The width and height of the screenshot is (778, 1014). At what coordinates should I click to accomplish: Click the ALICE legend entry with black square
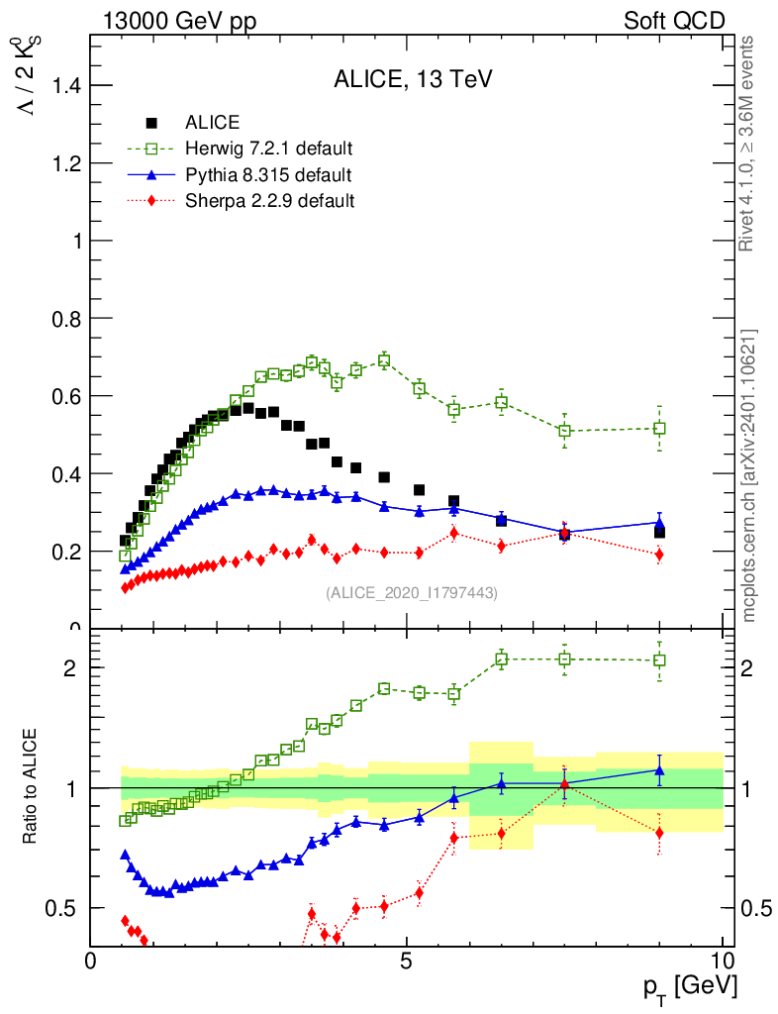pos(212,123)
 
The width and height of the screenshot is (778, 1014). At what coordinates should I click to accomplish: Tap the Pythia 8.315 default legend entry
pos(268,175)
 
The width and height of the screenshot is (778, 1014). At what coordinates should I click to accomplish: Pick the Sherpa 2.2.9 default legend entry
pos(269,201)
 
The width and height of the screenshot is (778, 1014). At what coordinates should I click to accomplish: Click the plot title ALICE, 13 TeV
pos(406,81)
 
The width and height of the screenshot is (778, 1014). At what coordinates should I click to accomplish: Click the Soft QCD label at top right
pos(674,21)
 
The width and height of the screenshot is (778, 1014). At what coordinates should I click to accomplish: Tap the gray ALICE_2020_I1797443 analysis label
pos(411,593)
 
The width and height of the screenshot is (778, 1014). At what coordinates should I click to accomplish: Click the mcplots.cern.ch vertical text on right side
pos(750,475)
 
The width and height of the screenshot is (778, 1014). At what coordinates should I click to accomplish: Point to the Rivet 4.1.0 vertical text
pos(750,144)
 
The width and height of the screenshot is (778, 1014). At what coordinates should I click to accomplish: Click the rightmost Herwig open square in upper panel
pos(659,429)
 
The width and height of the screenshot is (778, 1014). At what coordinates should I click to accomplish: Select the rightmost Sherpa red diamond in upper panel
pos(659,555)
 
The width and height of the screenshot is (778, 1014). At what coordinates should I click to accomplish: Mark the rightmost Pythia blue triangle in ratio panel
pos(659,769)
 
